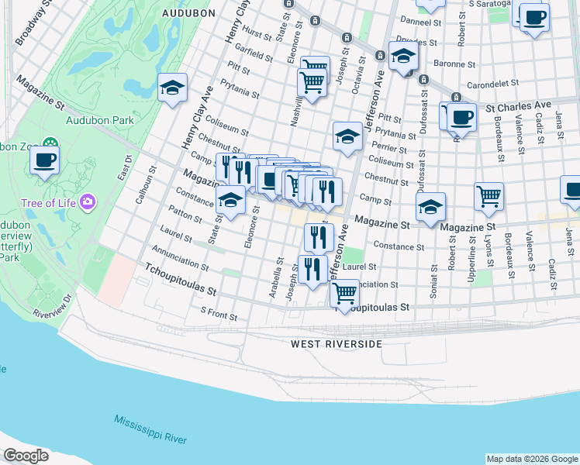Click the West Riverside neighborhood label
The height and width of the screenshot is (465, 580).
tap(337, 343)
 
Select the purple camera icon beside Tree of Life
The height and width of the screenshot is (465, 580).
tap(88, 202)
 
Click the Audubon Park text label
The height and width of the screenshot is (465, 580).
tap(100, 120)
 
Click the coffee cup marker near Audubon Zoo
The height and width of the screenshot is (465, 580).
tap(44, 161)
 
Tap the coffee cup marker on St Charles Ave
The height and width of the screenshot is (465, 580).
tap(461, 118)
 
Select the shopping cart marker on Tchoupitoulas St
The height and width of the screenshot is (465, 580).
tap(344, 294)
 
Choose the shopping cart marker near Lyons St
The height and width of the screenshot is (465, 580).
tap(489, 197)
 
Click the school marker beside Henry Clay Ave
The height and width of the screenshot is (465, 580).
tap(172, 88)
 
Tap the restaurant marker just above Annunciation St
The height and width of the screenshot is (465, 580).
tap(312, 269)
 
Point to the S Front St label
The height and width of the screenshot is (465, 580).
tap(219, 312)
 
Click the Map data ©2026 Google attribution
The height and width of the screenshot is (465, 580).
tap(531, 459)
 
